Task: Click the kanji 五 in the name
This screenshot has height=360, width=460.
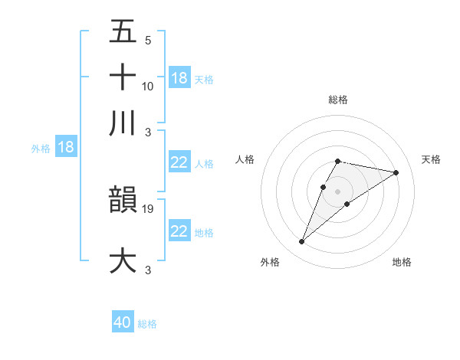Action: tap(123, 33)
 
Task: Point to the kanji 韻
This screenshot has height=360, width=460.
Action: tap(123, 200)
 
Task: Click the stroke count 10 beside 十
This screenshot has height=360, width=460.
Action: tap(148, 87)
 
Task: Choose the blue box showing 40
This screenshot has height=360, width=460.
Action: tap(123, 322)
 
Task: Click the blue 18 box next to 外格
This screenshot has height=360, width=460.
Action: tap(65, 147)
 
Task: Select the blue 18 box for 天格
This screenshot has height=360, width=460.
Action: tap(179, 77)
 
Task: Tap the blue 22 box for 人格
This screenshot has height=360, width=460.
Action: tap(179, 162)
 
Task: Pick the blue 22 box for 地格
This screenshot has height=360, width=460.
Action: tap(179, 231)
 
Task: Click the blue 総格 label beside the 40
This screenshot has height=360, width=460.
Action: tap(147, 324)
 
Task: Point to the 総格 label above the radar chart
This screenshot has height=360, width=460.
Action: tap(337, 100)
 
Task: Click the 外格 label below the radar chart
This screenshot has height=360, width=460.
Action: tap(270, 262)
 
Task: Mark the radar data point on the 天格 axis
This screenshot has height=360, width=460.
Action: tap(396, 172)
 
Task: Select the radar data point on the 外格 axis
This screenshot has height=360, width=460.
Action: tap(301, 242)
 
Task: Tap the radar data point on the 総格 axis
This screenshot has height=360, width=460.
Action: tap(337, 161)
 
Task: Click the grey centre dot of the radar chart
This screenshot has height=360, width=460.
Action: tap(337, 191)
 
